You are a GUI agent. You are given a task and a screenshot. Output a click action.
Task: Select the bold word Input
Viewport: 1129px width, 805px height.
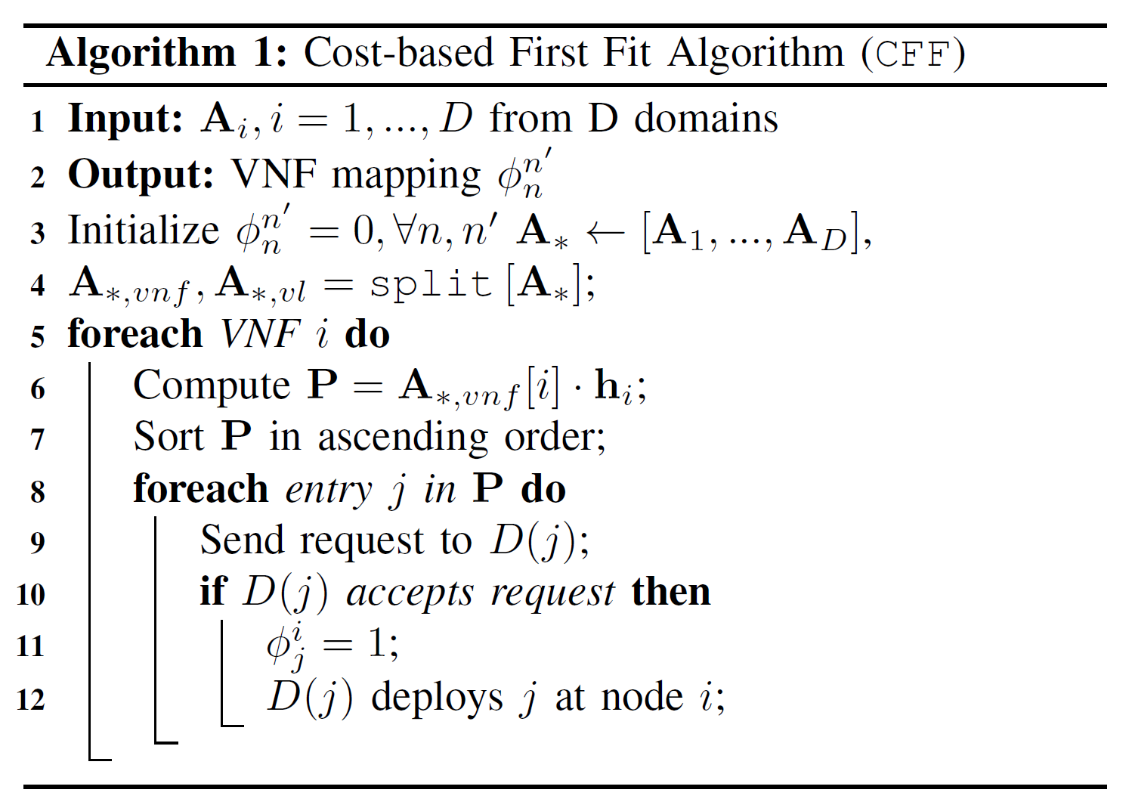point(125,119)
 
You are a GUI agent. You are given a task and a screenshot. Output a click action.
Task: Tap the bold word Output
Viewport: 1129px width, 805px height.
point(141,175)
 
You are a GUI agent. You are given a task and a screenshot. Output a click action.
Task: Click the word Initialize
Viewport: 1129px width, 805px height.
point(144,230)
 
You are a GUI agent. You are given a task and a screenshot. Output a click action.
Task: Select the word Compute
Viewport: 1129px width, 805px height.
point(211,385)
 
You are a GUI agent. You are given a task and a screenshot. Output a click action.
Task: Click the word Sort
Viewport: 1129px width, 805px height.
point(169,437)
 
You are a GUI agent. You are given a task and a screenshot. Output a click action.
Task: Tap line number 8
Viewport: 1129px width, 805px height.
point(38,492)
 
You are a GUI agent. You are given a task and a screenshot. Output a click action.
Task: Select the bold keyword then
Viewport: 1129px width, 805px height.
point(671,592)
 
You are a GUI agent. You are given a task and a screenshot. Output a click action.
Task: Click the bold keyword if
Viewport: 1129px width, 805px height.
point(213,591)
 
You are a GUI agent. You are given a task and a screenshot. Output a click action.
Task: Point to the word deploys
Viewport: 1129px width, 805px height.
point(437,697)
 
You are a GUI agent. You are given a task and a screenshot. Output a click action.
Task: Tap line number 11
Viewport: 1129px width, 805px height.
point(31,646)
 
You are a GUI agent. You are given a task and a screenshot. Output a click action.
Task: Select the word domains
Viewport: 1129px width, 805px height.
point(706,119)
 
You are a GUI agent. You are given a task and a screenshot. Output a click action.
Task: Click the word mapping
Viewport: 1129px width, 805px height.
point(406,176)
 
